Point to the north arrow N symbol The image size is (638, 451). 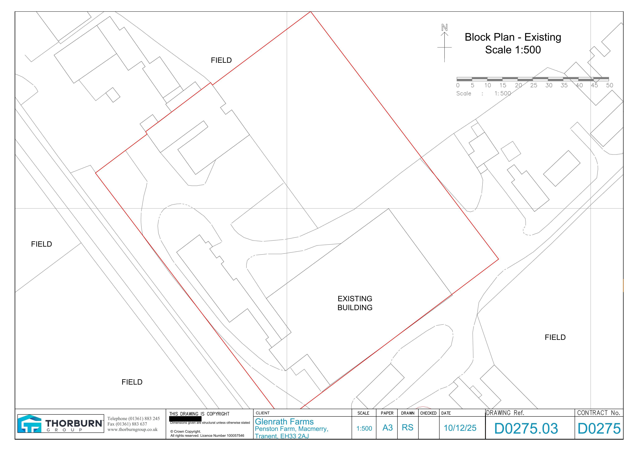pos(445,28)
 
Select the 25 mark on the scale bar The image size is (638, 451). pos(534,85)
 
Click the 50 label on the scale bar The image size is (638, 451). pos(610,85)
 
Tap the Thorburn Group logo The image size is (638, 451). pos(61,423)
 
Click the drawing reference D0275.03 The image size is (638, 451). pos(526,428)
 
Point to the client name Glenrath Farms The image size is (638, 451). pos(284,422)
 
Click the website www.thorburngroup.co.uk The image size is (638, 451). pos(133,430)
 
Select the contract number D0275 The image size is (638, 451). pos(599,428)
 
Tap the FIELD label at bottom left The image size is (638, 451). pos(132,382)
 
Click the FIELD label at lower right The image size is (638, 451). pos(555,337)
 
